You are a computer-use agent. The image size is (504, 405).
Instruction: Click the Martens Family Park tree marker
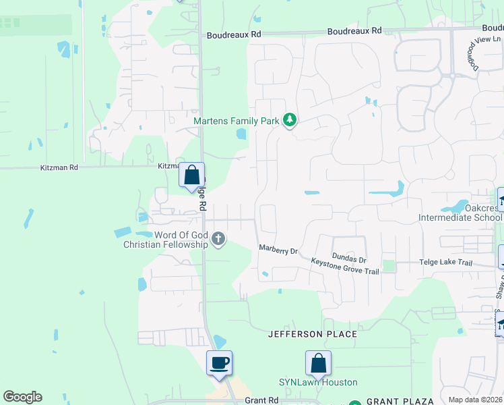(x=290, y=121)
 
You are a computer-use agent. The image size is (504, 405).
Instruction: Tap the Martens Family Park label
(x=237, y=122)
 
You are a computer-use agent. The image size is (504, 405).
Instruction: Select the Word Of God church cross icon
(x=218, y=239)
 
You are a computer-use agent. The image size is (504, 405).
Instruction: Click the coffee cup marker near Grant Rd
(x=220, y=362)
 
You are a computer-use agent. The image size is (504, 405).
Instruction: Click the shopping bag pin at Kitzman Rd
(x=192, y=175)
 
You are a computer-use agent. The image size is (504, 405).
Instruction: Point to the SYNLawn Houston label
(x=318, y=383)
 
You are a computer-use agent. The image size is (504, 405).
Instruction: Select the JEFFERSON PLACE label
(x=312, y=334)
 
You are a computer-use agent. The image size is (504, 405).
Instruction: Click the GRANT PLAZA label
(x=401, y=402)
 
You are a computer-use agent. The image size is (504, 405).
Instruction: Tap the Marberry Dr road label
(x=278, y=250)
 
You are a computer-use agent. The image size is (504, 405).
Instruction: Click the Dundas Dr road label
(x=349, y=259)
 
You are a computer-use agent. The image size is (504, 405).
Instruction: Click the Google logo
(x=22, y=397)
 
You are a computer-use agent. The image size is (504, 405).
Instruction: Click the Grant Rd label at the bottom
(x=262, y=400)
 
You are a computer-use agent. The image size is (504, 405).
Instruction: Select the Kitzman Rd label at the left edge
(x=59, y=167)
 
